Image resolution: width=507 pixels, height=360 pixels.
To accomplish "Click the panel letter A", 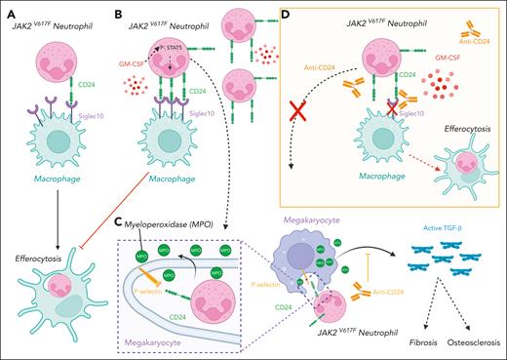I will point(9,16).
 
